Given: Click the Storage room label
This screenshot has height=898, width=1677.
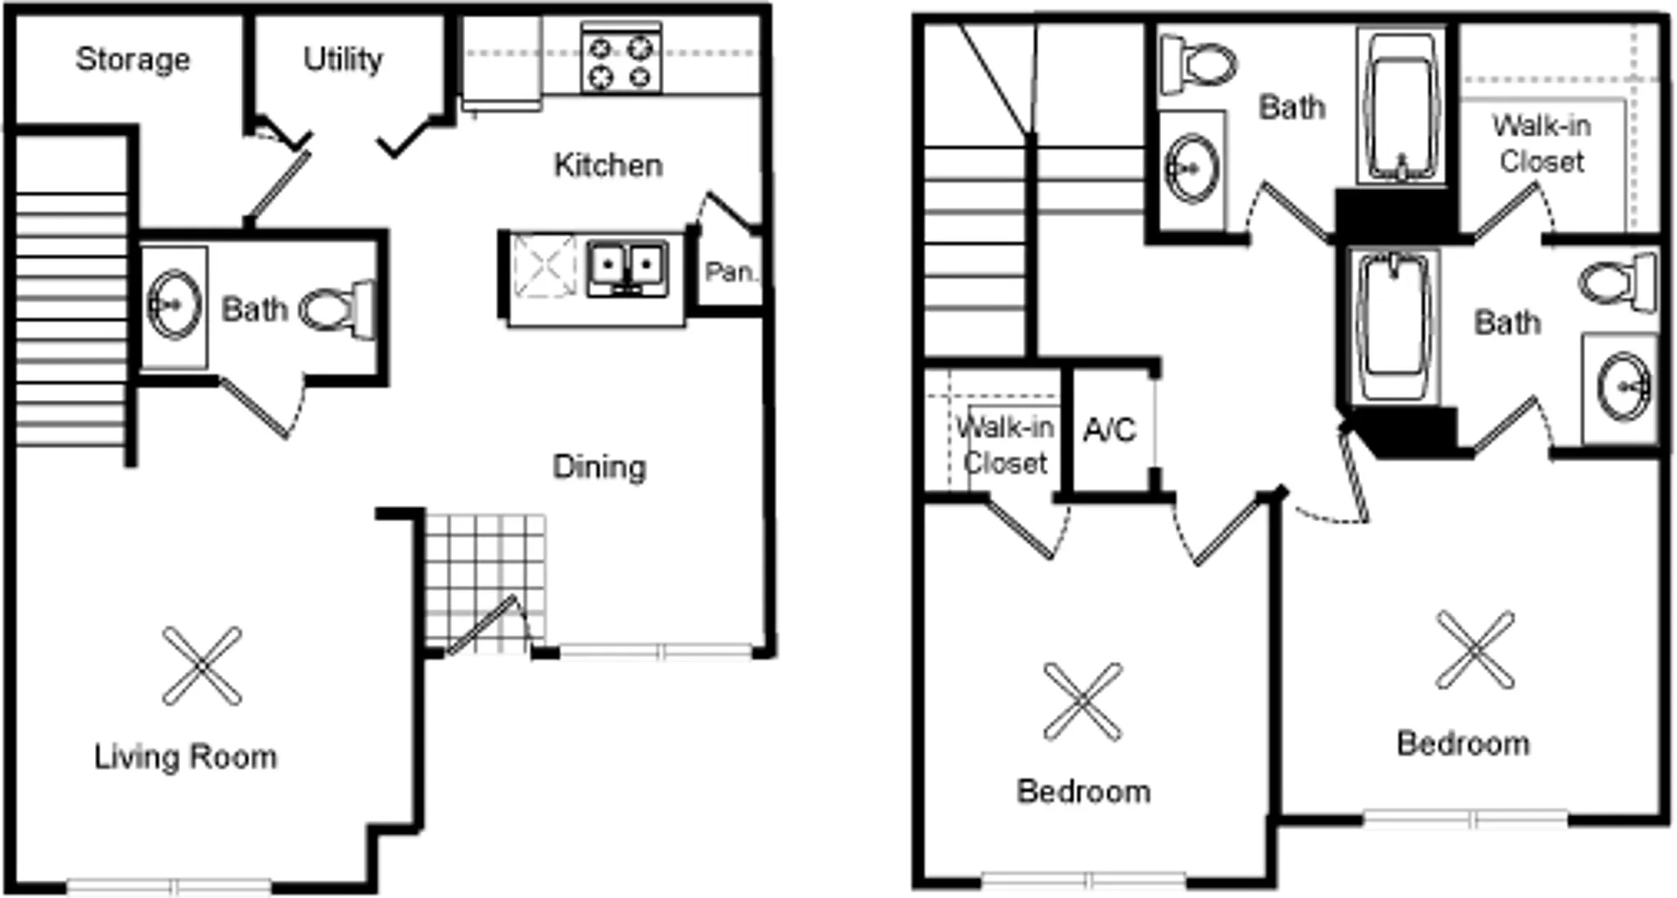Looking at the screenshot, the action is (133, 59).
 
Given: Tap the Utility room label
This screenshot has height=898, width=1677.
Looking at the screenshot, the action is (343, 59).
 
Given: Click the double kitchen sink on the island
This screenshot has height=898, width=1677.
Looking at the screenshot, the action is (627, 268).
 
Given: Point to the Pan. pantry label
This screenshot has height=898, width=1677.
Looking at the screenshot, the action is (730, 271).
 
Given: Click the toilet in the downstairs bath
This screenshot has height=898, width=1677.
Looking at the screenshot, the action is (338, 309).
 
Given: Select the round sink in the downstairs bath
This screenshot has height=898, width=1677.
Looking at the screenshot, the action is (174, 305).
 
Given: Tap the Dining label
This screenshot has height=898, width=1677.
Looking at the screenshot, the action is (599, 467).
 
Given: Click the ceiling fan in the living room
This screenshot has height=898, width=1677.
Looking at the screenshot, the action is (201, 666).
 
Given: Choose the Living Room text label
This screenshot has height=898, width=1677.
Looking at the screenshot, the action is (186, 756).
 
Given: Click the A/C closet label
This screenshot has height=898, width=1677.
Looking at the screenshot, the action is (1110, 429).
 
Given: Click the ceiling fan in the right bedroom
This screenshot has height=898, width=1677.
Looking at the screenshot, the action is (1476, 650).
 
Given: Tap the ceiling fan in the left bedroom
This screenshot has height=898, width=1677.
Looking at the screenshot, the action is (1083, 702).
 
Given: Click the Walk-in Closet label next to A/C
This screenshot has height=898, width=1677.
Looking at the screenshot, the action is (1005, 445).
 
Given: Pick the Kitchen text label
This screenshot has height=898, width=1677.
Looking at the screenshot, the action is (608, 165).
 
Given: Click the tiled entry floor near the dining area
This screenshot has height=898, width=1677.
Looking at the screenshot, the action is (486, 583).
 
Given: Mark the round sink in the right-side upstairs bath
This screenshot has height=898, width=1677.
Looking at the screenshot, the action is (1625, 385).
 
